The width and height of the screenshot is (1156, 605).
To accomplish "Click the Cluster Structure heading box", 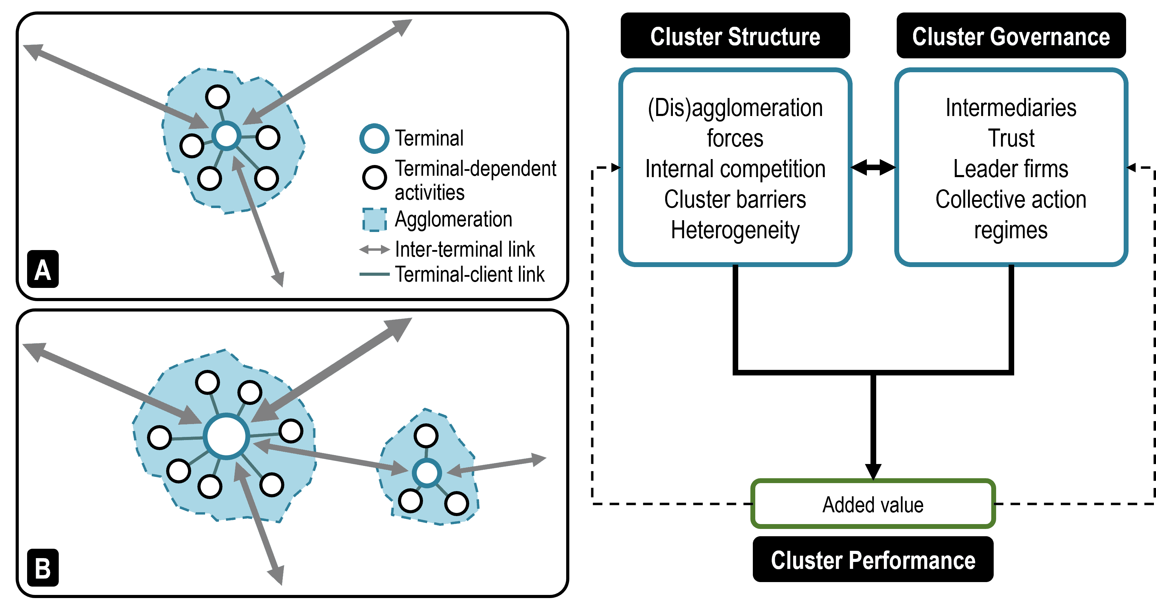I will [x=735, y=36].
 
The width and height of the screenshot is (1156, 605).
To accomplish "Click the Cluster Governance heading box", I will [x=1011, y=36].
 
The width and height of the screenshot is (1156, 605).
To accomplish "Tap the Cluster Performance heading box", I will [x=873, y=560].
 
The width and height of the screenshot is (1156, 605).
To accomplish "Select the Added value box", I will [x=873, y=504].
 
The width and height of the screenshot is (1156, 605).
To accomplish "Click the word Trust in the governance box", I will [x=1011, y=138].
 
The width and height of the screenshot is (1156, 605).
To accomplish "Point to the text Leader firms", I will [x=1011, y=169].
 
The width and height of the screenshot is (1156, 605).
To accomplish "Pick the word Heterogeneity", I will [x=735, y=230].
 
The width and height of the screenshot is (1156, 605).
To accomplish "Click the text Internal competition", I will [x=735, y=169].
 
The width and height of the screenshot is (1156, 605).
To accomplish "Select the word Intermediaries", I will [x=1011, y=108].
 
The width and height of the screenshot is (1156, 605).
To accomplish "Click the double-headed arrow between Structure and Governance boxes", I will [x=873, y=168].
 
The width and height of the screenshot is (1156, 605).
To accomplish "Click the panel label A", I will [x=43, y=270].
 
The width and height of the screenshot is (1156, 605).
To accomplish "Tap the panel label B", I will [x=43, y=568].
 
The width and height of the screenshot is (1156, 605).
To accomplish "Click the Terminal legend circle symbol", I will [x=374, y=138].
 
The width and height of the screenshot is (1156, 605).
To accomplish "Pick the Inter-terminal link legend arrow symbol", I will [x=374, y=249].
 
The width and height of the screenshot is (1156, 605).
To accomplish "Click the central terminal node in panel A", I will [x=227, y=135].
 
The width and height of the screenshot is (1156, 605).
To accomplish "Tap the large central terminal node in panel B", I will [x=227, y=436].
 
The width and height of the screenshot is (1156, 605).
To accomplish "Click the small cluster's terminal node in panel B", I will [x=427, y=473].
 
